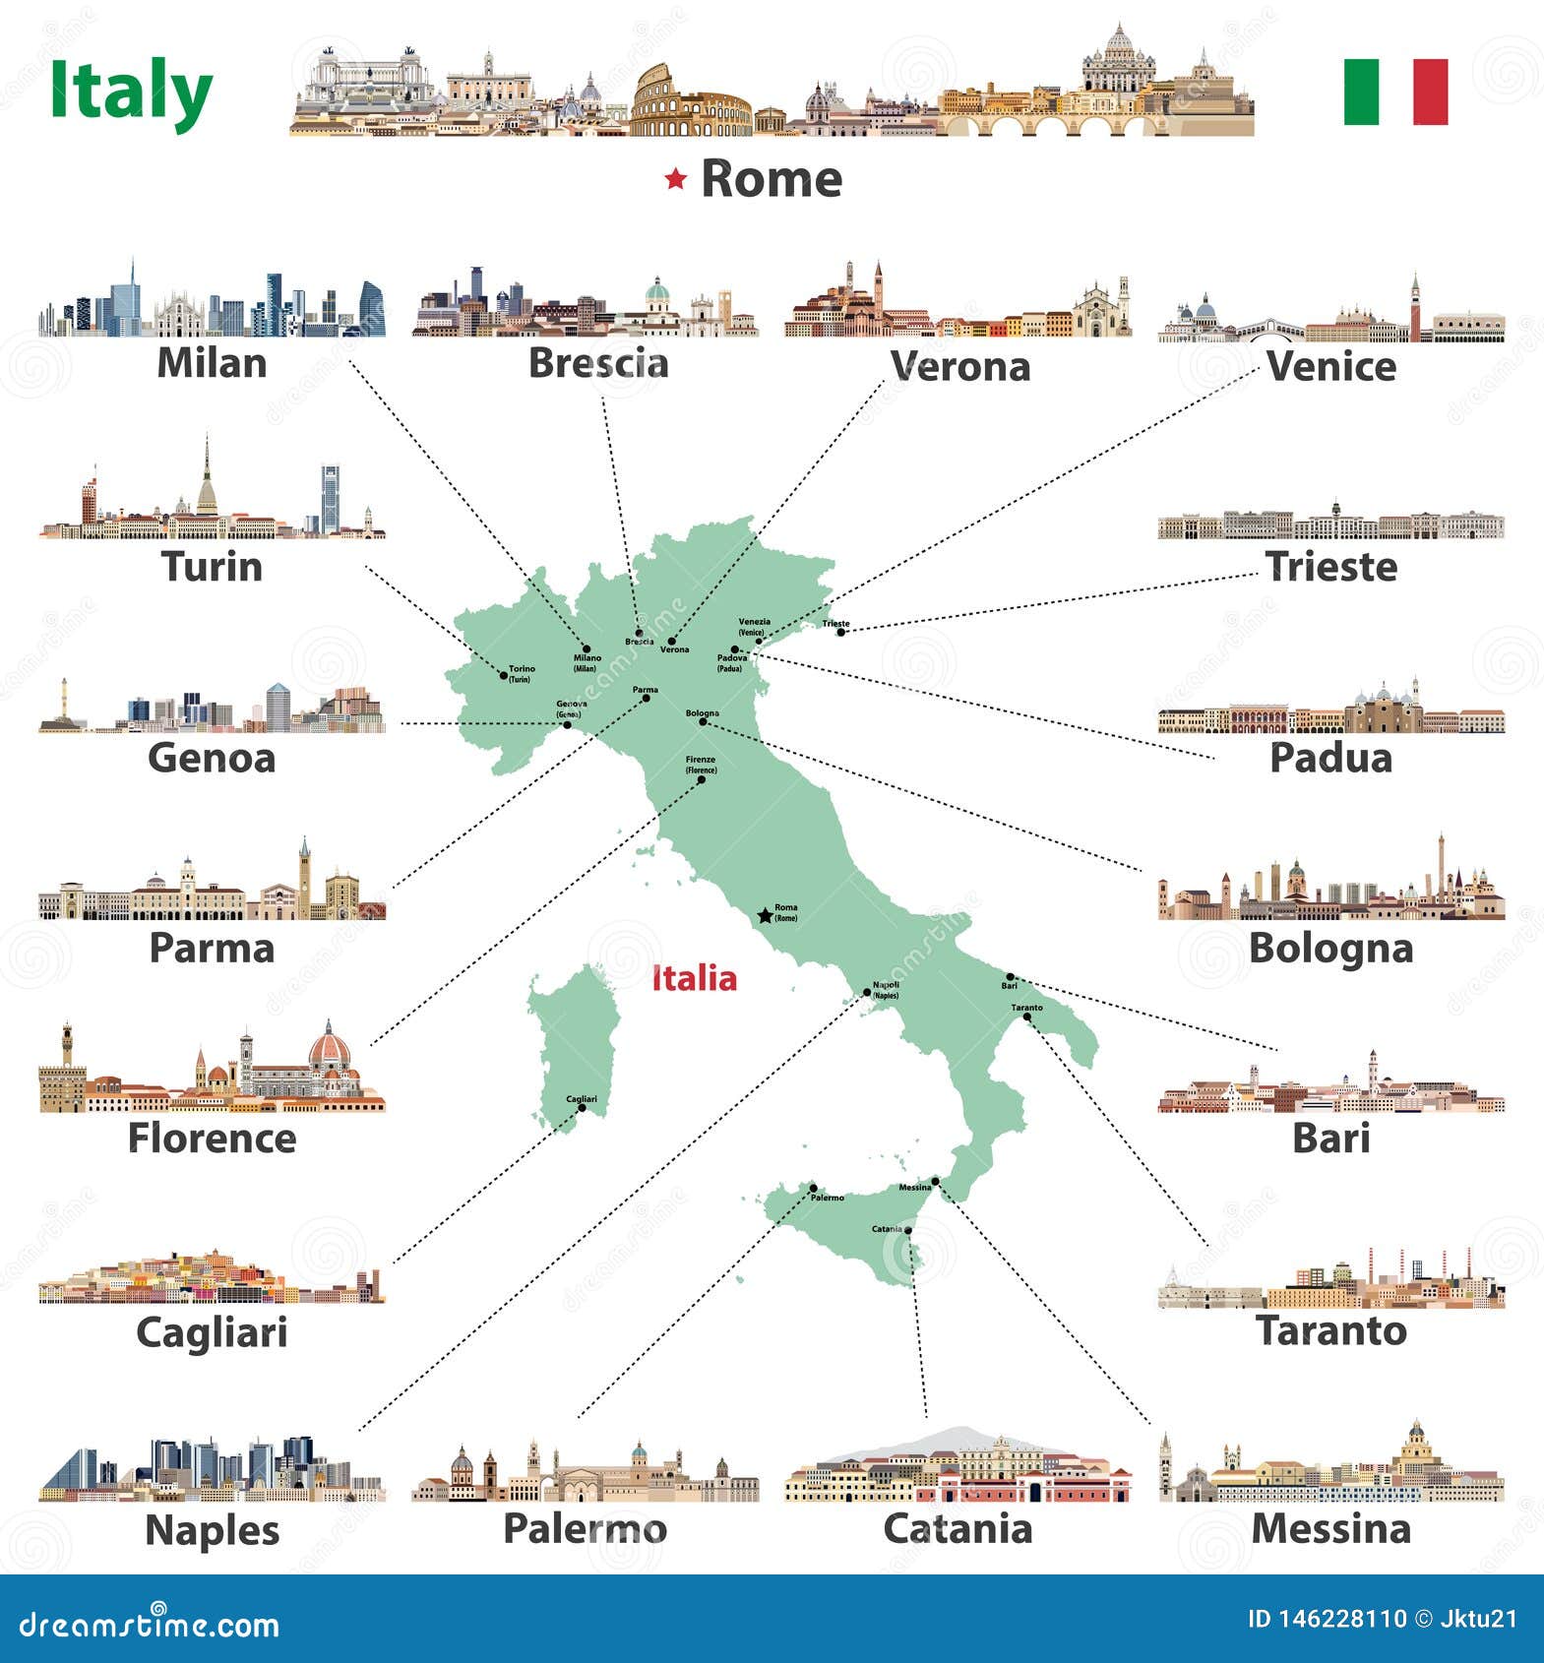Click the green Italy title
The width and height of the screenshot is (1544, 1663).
click(131, 92)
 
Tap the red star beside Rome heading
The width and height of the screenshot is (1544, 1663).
click(675, 179)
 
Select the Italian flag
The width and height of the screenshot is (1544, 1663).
click(1395, 92)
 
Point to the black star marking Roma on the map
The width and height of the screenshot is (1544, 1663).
click(765, 916)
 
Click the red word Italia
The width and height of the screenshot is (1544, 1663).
click(695, 978)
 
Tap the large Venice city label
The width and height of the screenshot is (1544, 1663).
click(1330, 366)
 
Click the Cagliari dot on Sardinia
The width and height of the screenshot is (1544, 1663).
click(582, 1108)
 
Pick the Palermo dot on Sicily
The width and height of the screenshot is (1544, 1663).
click(814, 1189)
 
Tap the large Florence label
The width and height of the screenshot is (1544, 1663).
click(212, 1139)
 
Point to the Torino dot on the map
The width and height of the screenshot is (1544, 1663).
click(504, 675)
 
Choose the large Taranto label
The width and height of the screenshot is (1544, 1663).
click(1331, 1330)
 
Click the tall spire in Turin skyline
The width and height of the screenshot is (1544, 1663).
click(207, 472)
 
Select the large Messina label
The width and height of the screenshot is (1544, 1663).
click(1330, 1528)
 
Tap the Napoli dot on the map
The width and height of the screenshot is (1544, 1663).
click(867, 992)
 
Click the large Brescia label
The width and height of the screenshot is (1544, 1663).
click(598, 363)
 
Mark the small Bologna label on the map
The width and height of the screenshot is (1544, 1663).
click(703, 712)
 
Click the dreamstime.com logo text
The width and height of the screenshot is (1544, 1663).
click(150, 1625)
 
